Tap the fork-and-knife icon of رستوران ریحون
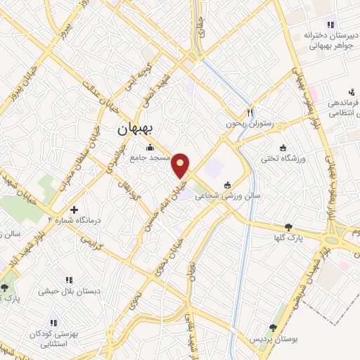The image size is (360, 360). click(x=250, y=112)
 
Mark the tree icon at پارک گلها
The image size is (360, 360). click(x=288, y=227)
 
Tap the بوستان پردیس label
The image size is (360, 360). click(x=276, y=339)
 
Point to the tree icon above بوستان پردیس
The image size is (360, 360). click(x=273, y=328)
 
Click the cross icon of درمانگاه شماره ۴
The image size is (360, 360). click(x=74, y=210)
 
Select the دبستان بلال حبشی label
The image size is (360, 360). click(x=70, y=290)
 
